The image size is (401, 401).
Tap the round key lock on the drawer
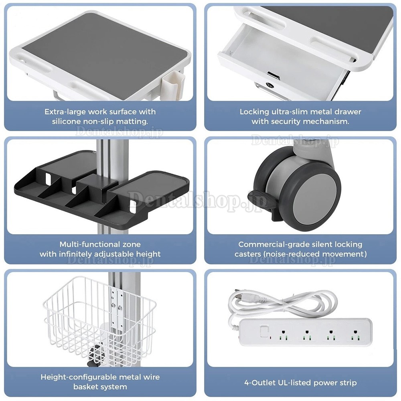pyautogui.click(x=269, y=85)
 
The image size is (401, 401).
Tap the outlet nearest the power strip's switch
pyautogui.click(x=283, y=335)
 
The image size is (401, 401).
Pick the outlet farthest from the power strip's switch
pyautogui.click(x=355, y=335)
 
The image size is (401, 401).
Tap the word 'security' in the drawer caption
pyautogui.click(x=286, y=121)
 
